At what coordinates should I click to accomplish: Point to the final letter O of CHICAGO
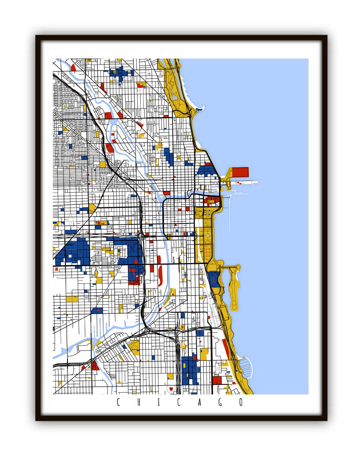tap(241, 403)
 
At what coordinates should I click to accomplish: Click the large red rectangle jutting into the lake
tap(240, 172)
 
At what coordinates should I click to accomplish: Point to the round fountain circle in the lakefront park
tap(207, 235)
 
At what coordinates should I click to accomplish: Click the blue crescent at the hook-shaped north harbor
tap(200, 108)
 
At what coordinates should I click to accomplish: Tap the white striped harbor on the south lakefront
tap(246, 368)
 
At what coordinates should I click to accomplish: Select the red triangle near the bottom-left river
tap(95, 366)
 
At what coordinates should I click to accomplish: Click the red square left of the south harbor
tap(217, 380)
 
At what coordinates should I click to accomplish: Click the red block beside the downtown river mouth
tap(212, 200)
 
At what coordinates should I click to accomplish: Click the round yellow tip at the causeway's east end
tap(238, 267)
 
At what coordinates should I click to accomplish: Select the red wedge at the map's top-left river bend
tap(73, 68)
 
